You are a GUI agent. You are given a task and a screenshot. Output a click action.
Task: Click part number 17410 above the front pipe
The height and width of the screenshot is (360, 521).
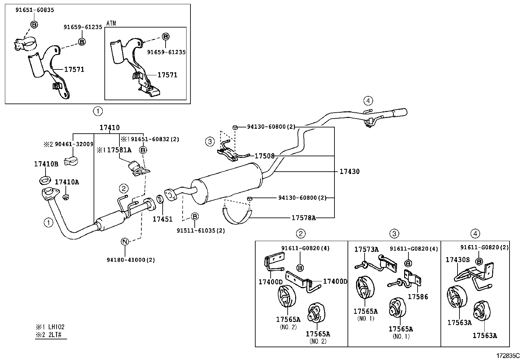(110, 128)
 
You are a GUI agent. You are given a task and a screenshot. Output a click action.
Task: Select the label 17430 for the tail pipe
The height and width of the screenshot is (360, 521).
(350, 172)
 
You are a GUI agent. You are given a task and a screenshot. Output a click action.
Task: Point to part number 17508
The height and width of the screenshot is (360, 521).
(264, 156)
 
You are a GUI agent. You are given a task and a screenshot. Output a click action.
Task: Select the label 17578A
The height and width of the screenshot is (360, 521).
(304, 218)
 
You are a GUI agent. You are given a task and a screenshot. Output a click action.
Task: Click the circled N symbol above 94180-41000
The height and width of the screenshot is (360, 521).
(125, 242)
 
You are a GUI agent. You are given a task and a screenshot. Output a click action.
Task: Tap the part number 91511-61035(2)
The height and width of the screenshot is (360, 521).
(201, 231)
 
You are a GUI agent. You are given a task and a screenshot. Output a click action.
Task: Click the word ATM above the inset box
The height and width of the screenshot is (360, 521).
(111, 24)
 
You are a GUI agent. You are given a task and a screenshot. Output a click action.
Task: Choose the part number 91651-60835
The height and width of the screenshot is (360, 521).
(35, 10)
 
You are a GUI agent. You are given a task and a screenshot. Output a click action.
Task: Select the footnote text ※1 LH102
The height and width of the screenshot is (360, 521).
(50, 327)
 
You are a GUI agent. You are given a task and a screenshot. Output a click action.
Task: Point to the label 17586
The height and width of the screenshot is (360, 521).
(418, 297)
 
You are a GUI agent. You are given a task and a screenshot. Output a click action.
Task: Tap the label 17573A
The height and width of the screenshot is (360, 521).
(366, 250)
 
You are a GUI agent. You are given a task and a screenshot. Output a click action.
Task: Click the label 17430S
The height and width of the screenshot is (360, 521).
(458, 260)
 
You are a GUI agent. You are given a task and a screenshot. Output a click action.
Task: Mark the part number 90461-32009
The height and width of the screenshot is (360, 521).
(74, 144)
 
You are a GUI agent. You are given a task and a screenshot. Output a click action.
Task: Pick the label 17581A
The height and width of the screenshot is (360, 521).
(119, 150)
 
